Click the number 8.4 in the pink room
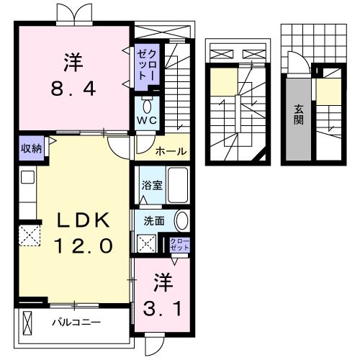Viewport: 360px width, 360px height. coord(73,89)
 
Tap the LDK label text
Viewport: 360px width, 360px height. coord(83,220)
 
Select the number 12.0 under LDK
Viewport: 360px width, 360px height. coord(84,246)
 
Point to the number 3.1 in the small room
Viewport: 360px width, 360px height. coord(162,309)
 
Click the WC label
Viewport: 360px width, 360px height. coord(147,120)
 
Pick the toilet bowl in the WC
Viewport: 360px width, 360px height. coord(147,106)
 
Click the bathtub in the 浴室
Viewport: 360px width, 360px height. coord(178,185)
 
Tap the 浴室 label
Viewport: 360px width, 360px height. coord(152,185)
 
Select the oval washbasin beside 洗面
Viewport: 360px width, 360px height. coord(181,221)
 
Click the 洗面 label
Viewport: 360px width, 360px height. coord(154,221)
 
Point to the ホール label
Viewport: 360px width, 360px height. coord(171,151)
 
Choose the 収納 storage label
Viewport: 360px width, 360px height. coord(31,149)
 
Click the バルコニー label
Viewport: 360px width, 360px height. coord(76,323)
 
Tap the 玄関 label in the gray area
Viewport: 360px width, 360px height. coord(299,115)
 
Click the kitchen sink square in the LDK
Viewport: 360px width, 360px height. coord(27,177)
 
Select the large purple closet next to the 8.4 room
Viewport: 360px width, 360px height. coord(147,67)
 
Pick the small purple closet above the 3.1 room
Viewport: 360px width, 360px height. coord(180,245)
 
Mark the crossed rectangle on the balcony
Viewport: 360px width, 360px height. coord(27,323)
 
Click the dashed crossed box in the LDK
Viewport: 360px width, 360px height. coord(30,235)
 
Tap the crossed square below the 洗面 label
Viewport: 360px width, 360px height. coord(146,243)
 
